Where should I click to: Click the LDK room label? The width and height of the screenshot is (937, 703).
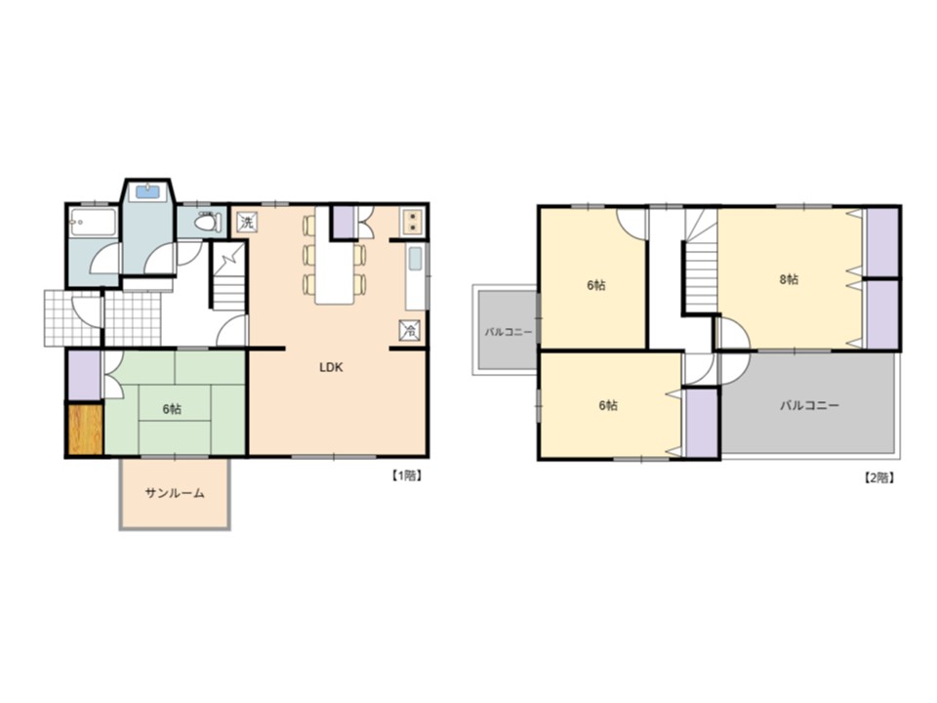331,368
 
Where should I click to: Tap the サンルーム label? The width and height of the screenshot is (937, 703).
175,493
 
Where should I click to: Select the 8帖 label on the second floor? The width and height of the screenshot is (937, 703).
789,279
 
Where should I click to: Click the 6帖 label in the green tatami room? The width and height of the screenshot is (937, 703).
172,409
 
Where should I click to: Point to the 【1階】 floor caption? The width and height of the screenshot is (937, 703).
407,476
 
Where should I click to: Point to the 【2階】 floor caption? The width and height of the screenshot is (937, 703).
879,477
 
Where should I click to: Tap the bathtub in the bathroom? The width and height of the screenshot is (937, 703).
93,223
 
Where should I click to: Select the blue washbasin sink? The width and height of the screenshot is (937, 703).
147,192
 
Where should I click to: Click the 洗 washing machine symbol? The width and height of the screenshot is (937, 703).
247,223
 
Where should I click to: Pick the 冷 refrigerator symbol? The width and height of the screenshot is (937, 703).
410,330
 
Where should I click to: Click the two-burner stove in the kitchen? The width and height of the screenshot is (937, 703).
412,222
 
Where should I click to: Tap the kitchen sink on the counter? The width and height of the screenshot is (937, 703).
416,259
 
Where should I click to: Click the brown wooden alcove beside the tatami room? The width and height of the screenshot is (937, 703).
86,430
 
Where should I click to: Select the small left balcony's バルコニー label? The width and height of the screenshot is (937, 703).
508,332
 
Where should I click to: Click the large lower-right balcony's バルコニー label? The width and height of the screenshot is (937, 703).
810,405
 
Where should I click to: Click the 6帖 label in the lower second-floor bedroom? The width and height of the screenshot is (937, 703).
608,405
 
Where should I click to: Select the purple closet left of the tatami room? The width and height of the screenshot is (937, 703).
84,375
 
